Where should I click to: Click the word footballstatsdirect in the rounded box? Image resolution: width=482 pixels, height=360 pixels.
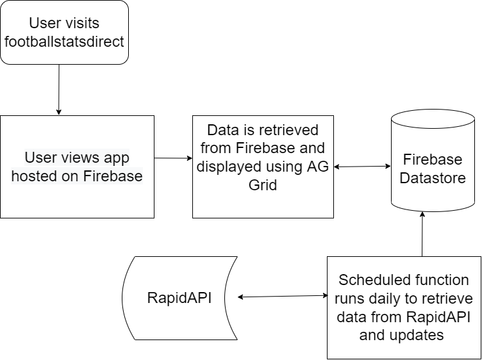click(x=64, y=43)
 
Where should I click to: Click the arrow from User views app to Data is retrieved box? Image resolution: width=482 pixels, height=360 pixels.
click(x=174, y=158)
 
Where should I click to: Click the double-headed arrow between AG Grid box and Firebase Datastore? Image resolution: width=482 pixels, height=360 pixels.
click(x=362, y=167)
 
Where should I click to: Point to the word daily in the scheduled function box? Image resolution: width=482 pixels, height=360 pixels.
click(x=388, y=299)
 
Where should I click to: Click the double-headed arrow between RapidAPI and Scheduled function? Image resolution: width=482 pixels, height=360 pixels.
click(x=283, y=296)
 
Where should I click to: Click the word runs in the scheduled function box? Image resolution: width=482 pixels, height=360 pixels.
click(x=354, y=299)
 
